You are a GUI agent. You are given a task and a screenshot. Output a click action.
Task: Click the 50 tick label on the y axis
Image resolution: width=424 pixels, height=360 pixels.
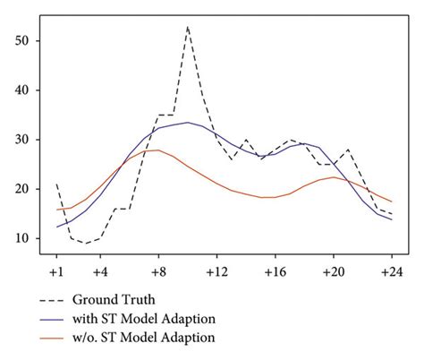pos(21,41)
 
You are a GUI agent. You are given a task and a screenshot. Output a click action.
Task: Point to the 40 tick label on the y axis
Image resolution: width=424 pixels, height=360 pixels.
pos(21,90)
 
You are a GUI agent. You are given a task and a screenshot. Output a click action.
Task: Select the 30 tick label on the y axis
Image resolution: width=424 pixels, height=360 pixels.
pos(21,140)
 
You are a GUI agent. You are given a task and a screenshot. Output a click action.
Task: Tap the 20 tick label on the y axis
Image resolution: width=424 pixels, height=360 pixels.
pos(21,189)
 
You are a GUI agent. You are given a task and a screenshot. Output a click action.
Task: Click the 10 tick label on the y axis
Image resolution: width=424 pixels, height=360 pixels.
pos(21,238)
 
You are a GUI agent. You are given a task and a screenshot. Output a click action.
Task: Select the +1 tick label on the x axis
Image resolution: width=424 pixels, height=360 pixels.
pos(55,271)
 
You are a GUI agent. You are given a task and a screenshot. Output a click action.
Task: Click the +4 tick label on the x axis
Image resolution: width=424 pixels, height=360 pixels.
pos(99,271)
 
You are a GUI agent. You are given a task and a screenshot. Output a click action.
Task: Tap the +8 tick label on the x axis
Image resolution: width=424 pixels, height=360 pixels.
pos(157,271)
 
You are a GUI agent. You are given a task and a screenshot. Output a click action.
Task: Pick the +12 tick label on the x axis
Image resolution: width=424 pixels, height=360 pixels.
pos(216,271)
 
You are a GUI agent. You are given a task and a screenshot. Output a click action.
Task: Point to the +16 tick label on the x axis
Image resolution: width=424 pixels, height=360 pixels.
pos(274,271)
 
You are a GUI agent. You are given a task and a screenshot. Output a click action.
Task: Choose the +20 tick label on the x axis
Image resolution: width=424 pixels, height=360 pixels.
pos(333,271)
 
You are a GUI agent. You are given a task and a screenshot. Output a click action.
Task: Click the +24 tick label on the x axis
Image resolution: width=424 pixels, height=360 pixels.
pos(391,271)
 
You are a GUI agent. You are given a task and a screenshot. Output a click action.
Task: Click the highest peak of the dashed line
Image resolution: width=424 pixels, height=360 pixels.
pos(187,27)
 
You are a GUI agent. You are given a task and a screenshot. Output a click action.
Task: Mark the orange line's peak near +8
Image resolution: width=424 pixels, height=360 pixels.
pos(157,150)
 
